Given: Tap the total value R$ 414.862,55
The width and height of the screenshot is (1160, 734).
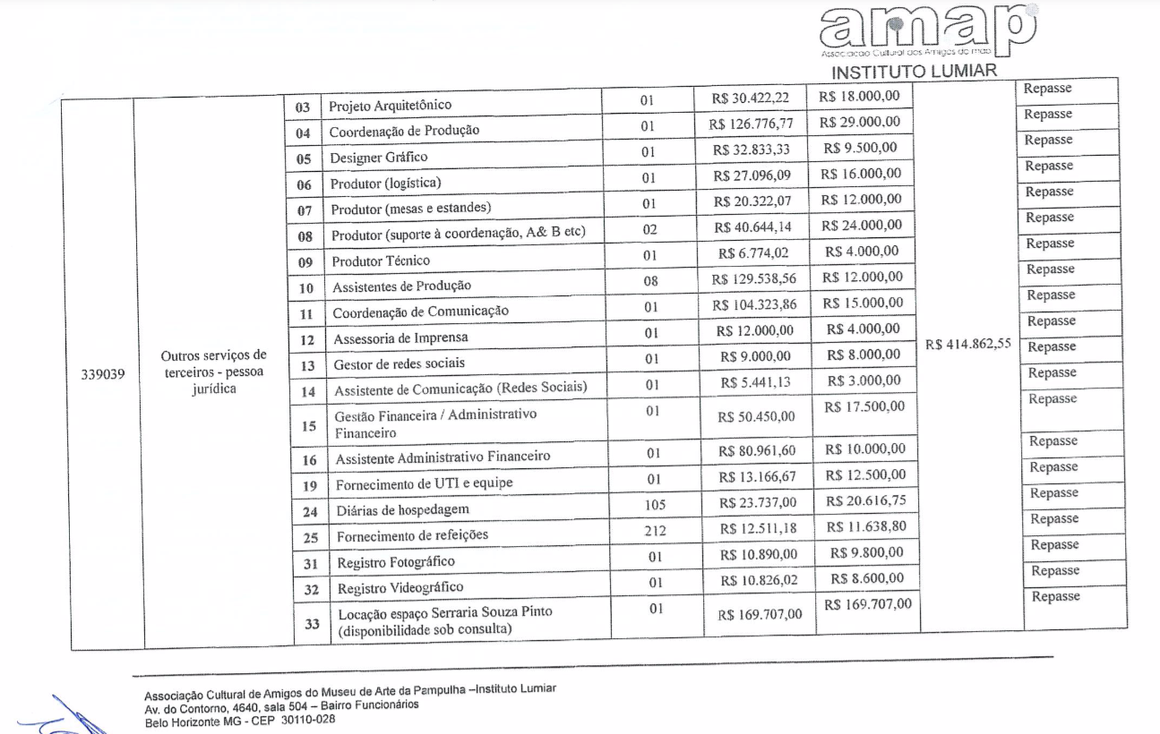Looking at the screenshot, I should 972,345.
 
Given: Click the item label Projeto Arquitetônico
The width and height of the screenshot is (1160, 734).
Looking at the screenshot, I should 390,106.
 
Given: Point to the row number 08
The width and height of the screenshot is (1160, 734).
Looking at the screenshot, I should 305,237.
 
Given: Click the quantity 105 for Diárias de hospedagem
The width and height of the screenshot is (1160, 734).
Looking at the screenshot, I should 655,505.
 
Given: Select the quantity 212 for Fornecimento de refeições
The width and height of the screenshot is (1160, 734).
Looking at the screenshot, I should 655,531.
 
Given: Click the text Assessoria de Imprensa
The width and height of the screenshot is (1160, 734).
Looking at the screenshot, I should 400,339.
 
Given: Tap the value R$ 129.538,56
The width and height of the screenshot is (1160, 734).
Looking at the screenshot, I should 754,279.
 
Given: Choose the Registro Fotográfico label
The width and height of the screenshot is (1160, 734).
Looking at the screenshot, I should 396,562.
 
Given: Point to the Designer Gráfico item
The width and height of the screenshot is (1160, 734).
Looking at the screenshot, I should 378,158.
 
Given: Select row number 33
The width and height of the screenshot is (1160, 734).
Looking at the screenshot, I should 312,623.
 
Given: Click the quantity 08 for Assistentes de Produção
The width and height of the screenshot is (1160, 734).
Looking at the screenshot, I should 650,281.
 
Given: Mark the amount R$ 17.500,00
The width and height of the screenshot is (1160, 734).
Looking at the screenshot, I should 864,407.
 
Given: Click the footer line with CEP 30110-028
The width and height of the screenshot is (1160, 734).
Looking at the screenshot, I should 239,718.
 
